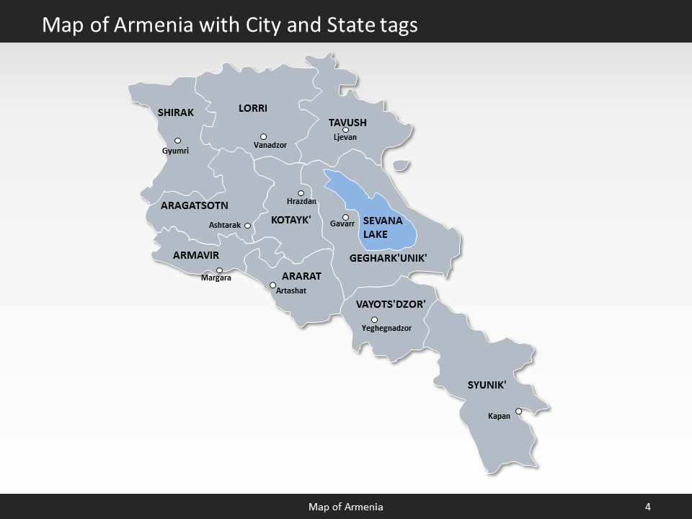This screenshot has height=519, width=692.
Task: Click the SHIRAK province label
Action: pyautogui.click(x=176, y=112)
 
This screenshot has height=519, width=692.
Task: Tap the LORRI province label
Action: pyautogui.click(x=253, y=108)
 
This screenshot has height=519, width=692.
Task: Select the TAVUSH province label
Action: pyautogui.click(x=347, y=123)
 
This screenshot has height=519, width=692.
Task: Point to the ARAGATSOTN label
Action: pyautogui.click(x=194, y=205)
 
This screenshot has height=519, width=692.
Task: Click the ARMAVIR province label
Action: pyautogui.click(x=195, y=255)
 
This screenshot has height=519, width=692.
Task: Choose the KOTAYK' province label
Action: pyautogui.click(x=290, y=220)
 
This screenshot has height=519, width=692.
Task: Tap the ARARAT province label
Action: pyautogui.click(x=301, y=276)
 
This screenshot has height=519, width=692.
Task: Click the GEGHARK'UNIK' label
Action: pyautogui.click(x=388, y=257)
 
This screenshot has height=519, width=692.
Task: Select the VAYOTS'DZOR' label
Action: pyautogui.click(x=391, y=303)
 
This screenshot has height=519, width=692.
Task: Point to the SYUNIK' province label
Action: pyautogui.click(x=487, y=385)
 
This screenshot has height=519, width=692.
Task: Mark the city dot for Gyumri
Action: pyautogui.click(x=177, y=141)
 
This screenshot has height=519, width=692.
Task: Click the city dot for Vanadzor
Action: pyautogui.click(x=263, y=136)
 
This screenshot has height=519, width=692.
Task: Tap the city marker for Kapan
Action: pyautogui.click(x=518, y=412)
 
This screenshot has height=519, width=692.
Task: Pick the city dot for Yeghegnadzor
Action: pyautogui.click(x=374, y=319)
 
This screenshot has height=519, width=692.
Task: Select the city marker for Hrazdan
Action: pyautogui.click(x=301, y=193)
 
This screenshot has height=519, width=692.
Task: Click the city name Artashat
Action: pyautogui.click(x=291, y=290)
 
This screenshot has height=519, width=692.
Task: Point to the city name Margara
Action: pyautogui.click(x=216, y=278)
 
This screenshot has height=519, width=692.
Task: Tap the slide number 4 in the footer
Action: pyautogui.click(x=647, y=507)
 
